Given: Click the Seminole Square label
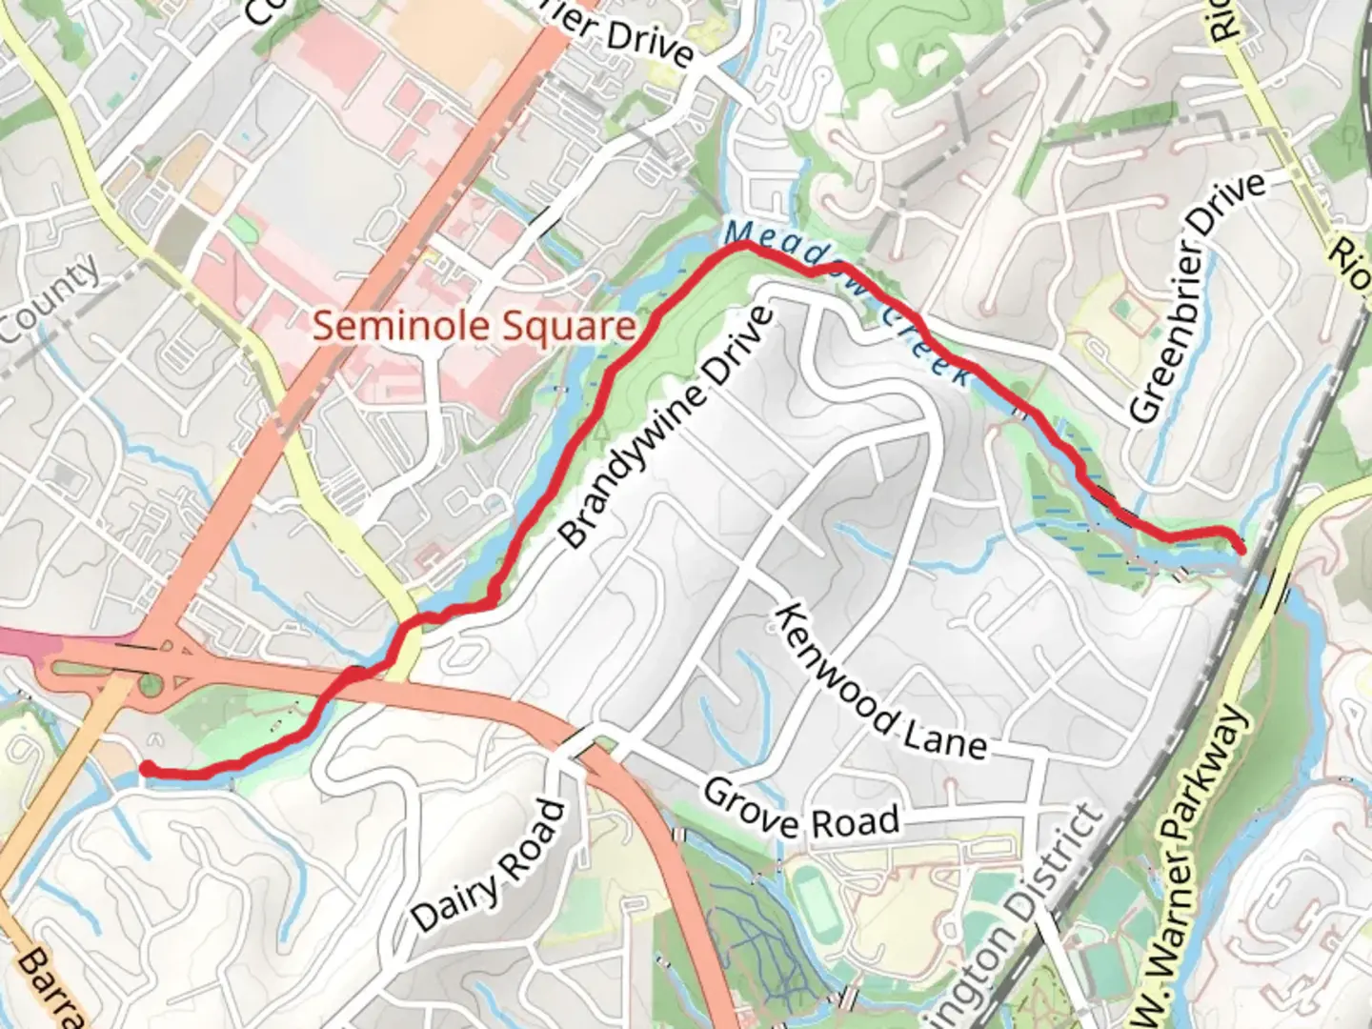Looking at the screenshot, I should click(474, 327).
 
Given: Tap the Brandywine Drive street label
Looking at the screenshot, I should click(665, 427).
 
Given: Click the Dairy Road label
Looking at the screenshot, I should click(489, 867).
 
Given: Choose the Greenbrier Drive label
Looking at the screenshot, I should click(1198, 297).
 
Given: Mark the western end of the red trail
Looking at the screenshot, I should click(146, 767).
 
